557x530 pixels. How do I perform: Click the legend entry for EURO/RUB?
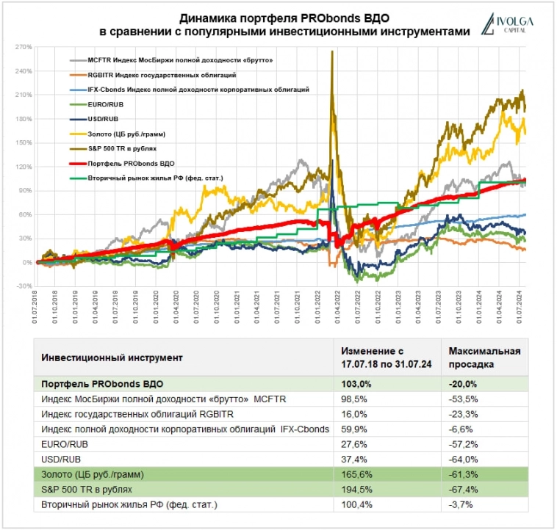(104, 104)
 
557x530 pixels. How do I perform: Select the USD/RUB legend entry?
(103, 118)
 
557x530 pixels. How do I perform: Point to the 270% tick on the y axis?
(24, 48)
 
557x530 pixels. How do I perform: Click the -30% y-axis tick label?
(24, 286)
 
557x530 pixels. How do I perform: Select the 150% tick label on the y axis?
(24, 143)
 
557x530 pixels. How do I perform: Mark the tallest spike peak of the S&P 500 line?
(333, 51)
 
